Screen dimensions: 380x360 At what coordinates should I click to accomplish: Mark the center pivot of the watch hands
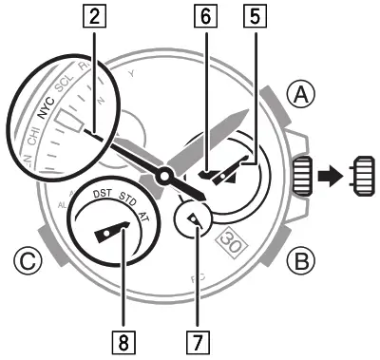(166, 177)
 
